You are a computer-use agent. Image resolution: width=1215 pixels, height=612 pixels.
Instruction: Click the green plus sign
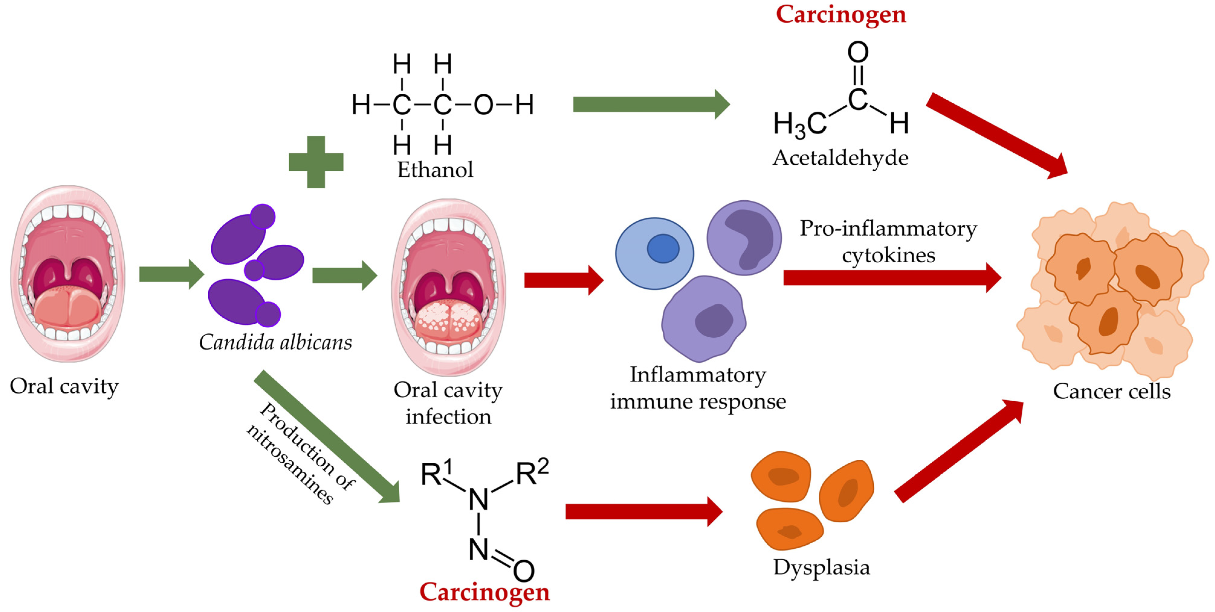[x=316, y=162]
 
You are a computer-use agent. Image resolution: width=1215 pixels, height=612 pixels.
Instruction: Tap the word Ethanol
[x=435, y=170]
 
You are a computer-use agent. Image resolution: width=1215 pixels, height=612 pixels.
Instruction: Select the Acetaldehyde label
[x=840, y=158]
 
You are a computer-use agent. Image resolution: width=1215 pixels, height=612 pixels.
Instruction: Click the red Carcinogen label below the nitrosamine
[x=484, y=592]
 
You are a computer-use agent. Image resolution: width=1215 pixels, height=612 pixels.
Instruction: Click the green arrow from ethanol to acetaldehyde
[x=651, y=104]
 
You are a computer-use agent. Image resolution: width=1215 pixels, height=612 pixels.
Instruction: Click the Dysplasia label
[x=821, y=567]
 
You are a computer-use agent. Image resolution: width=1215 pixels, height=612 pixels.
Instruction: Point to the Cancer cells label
[x=1112, y=391]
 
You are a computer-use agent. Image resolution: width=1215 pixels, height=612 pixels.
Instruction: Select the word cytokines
[x=889, y=256]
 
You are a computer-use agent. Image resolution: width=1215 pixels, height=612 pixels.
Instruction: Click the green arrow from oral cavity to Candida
[x=171, y=274]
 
